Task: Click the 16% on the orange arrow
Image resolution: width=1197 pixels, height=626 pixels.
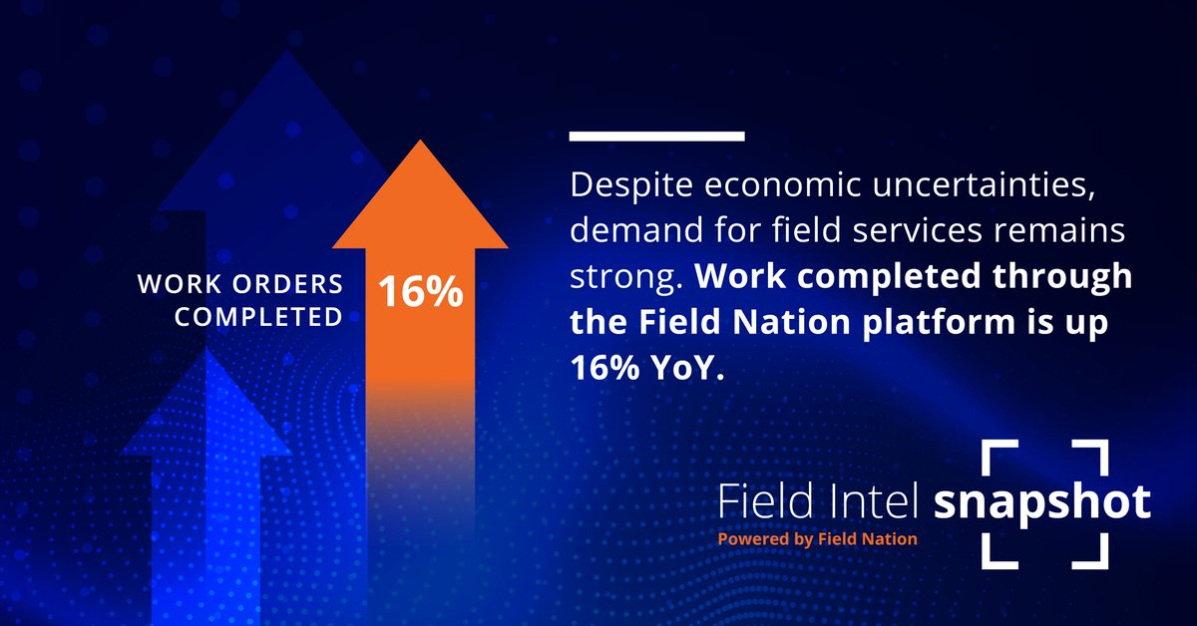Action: (419, 291)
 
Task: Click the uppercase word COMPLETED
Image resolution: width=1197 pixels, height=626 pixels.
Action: (266, 319)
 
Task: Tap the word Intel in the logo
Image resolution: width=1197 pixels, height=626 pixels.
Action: (874, 502)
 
